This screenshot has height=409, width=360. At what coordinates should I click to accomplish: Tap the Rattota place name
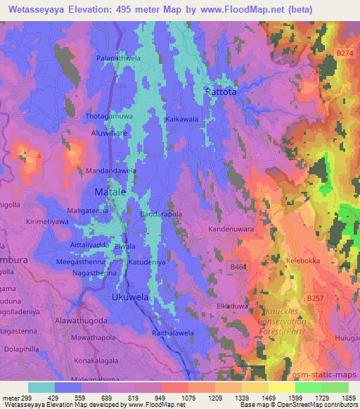[x=221, y=91]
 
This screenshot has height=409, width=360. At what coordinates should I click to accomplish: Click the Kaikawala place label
[x=181, y=119]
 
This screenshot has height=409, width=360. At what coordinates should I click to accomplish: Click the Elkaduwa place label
[x=233, y=306]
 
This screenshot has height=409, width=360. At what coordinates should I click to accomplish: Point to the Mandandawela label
[x=111, y=171]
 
